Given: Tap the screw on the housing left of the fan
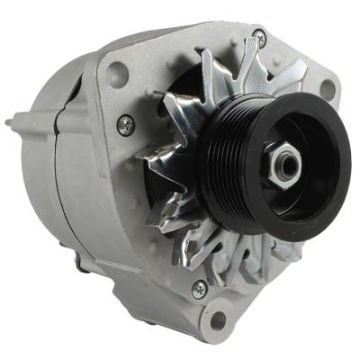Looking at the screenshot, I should pos(126,126).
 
